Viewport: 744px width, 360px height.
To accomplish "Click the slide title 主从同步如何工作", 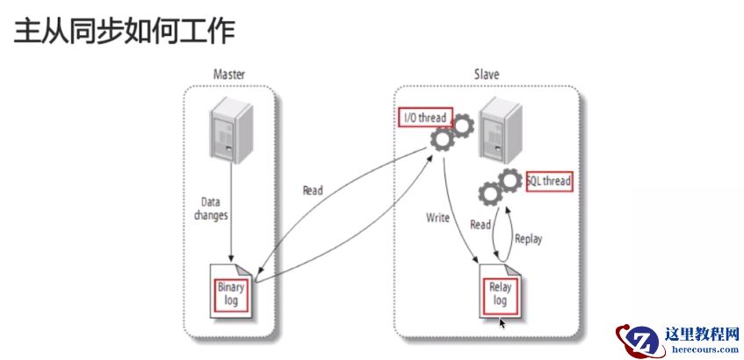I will point(123,32).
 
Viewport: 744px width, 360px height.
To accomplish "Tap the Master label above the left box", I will point(228,75).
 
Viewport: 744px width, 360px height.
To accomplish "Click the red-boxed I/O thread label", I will point(423,118).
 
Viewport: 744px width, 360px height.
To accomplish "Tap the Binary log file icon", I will point(232,287).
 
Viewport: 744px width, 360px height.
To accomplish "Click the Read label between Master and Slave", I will point(313,190).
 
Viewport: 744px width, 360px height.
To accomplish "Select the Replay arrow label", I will point(529,237).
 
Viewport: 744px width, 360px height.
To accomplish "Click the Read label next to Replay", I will point(480,225).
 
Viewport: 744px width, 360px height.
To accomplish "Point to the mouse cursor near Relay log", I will point(502,323).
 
